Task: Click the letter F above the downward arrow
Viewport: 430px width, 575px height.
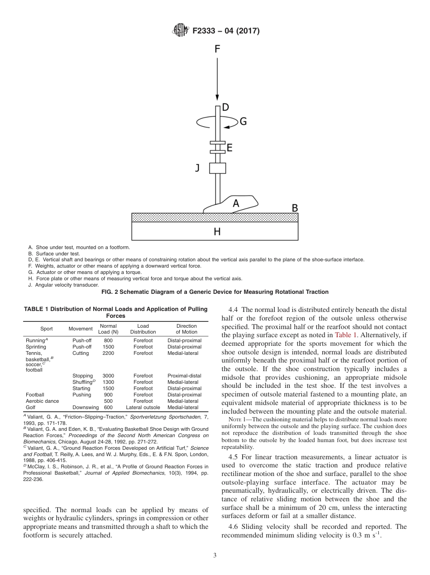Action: (x=217, y=49)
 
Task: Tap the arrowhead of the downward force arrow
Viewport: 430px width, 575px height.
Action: (x=217, y=98)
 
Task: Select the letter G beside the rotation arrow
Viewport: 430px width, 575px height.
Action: (x=243, y=122)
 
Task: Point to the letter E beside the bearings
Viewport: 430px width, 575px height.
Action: (x=229, y=147)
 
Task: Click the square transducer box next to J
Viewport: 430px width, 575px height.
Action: (x=217, y=168)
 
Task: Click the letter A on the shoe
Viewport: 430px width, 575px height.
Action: (x=236, y=204)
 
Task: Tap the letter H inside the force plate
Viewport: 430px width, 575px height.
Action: (x=217, y=231)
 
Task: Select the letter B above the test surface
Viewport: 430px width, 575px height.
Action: (x=294, y=208)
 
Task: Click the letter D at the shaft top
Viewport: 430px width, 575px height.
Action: (x=225, y=108)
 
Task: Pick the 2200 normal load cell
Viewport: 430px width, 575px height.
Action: (x=108, y=353)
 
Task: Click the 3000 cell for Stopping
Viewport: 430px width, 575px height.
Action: (x=108, y=376)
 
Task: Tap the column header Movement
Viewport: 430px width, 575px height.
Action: (x=81, y=329)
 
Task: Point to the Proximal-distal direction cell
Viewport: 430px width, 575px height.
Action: (x=184, y=376)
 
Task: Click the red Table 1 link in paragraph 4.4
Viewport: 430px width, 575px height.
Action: (x=346, y=335)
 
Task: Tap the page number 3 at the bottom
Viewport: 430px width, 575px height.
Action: (x=215, y=556)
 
